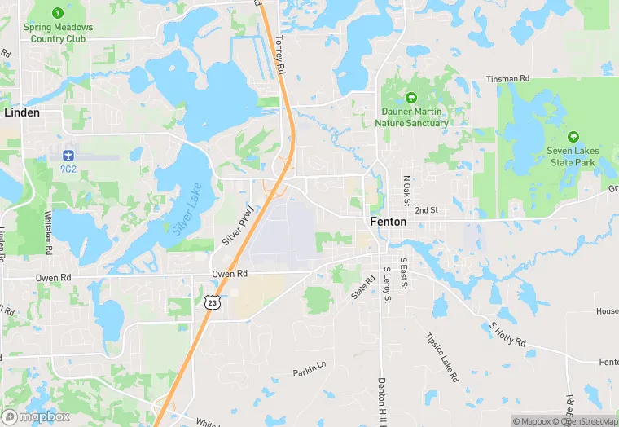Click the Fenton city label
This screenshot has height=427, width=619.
click(x=388, y=222)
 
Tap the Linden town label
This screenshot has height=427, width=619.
click(x=22, y=112)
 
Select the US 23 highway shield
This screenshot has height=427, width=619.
click(x=212, y=302)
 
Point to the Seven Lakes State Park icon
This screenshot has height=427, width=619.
click(x=573, y=136)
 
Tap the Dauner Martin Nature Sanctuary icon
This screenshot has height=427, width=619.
click(x=411, y=96)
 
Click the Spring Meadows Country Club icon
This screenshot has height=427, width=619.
click(x=58, y=14)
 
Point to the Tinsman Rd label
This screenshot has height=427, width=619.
click(x=507, y=79)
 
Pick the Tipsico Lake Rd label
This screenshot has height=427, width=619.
click(x=441, y=358)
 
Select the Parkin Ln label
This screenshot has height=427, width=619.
click(x=309, y=372)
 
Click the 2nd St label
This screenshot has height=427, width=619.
click(x=426, y=210)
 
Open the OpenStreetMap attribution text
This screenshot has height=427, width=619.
click(x=584, y=421)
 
